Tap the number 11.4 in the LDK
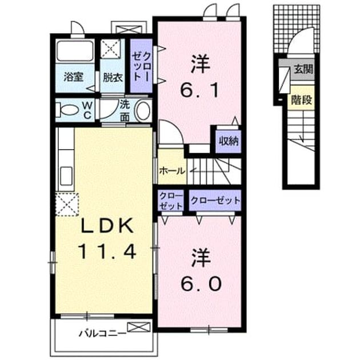[107, 251]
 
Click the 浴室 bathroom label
[73, 77]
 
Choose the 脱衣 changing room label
[113, 77]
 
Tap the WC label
[87, 110]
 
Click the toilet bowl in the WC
[67, 110]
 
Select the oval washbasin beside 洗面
[143, 111]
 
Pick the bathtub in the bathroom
[75, 50]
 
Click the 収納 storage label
[229, 141]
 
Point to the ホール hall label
[172, 171]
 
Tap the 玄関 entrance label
[303, 69]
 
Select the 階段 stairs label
[301, 99]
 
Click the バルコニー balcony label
[102, 333]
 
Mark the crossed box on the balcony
[139, 327]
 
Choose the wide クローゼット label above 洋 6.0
[215, 201]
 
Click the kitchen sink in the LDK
[66, 176]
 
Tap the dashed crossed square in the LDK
[67, 204]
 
